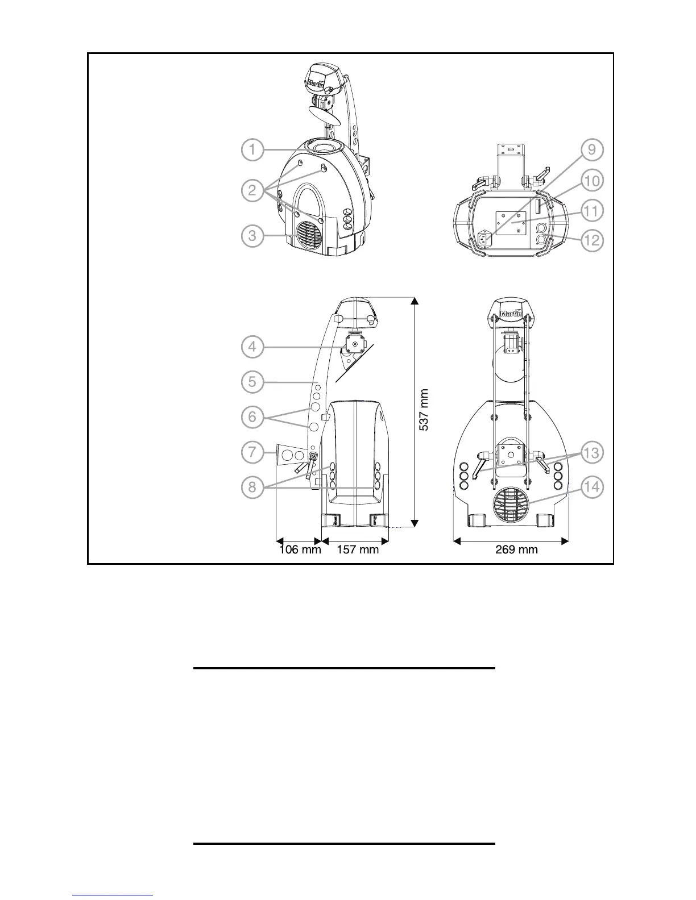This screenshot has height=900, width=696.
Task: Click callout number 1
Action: pos(252,151)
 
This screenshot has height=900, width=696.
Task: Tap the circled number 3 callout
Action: pos(252,236)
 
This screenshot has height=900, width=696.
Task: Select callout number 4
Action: pos(252,347)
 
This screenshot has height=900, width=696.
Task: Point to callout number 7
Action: pos(252,453)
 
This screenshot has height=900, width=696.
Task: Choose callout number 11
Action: pos(592,211)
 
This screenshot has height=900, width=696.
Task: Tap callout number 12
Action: pos(592,240)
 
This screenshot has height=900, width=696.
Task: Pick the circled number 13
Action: pos(592,453)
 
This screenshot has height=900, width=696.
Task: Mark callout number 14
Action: pos(592,488)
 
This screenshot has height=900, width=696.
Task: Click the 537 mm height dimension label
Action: pos(424,410)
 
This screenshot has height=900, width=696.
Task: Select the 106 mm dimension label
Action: pos(300,549)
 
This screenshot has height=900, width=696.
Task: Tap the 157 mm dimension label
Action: pos(358,549)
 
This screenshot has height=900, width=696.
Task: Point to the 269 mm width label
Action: pos(512,549)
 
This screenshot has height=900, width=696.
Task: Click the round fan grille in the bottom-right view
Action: pos(511,503)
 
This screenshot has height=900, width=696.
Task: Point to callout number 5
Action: pos(252,381)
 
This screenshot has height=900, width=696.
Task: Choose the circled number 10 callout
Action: pos(592,181)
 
